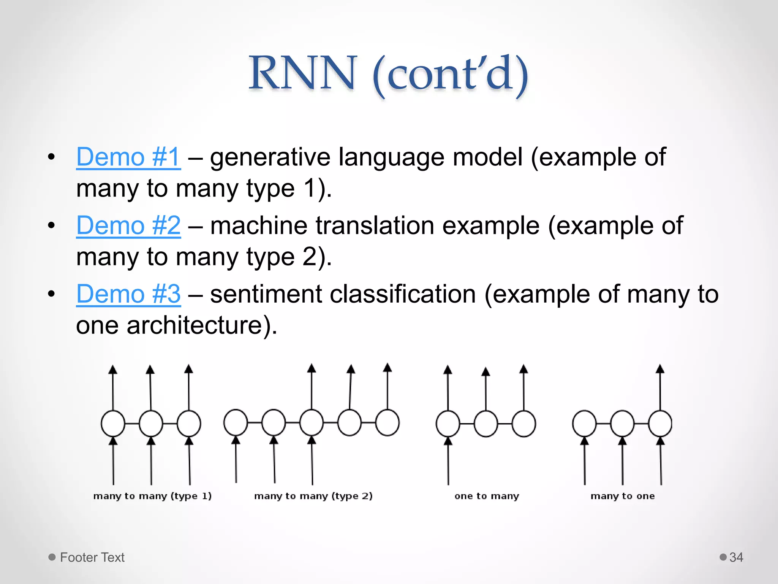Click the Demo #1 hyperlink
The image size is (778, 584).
[128, 157]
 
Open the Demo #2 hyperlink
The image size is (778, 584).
[128, 225]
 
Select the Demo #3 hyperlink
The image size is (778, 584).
[128, 294]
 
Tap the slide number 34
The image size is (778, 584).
[736, 557]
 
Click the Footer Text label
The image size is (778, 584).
[92, 557]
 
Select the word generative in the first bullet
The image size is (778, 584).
[270, 157]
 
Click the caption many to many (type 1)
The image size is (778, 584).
[152, 496]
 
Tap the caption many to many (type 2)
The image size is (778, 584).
[313, 496]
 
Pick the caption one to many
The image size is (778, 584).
[487, 496]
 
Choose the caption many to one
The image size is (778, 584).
[623, 496]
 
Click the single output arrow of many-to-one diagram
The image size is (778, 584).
[660, 388]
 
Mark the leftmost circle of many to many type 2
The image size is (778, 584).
[236, 422]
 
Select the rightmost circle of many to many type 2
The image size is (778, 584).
[387, 422]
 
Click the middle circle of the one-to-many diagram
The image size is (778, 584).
[486, 424]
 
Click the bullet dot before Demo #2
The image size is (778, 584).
[52, 225]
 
